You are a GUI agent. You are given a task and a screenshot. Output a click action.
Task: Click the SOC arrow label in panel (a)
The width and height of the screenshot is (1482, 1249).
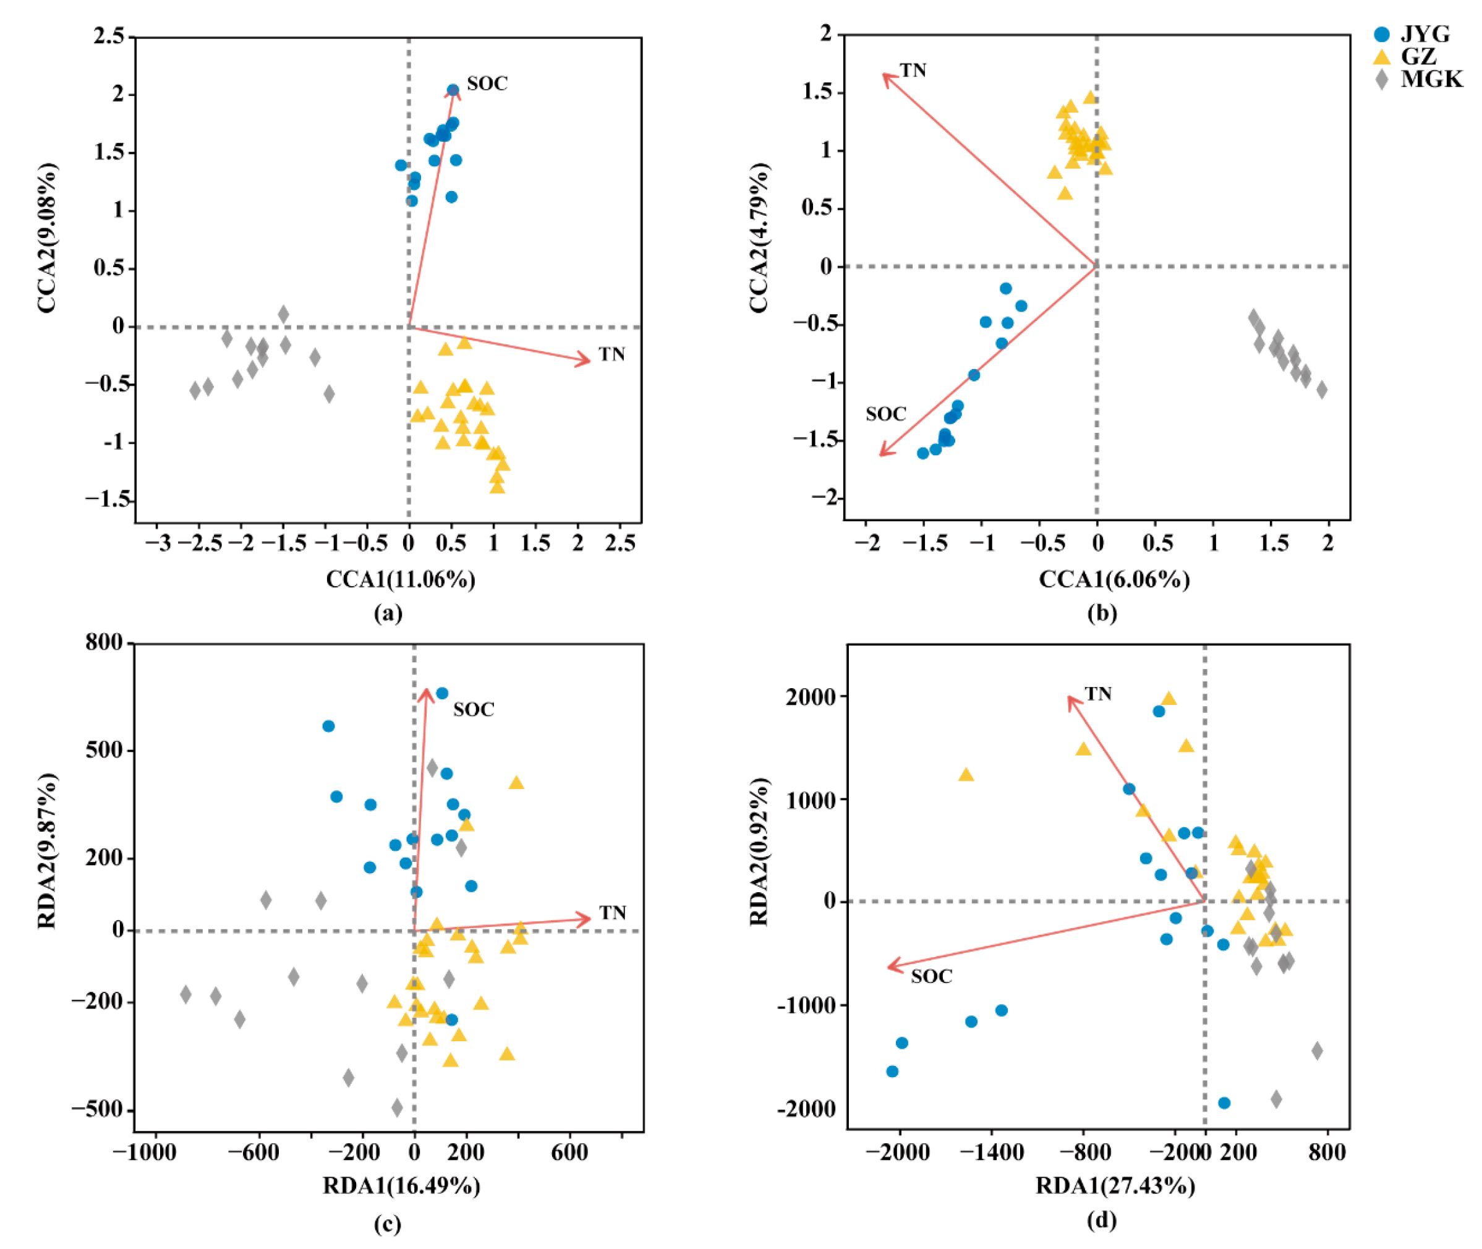[x=487, y=83]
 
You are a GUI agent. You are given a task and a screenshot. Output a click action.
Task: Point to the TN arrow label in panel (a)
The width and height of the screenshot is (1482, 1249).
[x=611, y=354]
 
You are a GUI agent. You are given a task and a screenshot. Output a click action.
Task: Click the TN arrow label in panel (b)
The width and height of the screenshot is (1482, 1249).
[x=913, y=70]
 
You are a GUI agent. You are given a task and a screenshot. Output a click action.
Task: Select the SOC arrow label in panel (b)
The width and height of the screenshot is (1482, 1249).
[x=886, y=414]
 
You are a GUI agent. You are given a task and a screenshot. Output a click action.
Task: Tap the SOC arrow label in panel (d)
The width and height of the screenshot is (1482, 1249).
[x=931, y=976]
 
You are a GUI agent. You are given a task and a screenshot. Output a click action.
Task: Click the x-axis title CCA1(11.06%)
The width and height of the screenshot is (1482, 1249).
[x=401, y=580]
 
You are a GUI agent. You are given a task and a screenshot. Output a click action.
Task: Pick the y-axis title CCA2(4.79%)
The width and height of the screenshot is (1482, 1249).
[x=759, y=237]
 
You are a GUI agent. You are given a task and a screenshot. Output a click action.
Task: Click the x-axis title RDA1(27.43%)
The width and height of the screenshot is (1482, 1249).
[x=1115, y=1185]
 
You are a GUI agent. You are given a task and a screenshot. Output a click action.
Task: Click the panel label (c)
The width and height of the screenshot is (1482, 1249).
[x=387, y=1224]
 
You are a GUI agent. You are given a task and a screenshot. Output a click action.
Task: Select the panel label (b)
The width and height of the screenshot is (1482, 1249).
[x=1102, y=613]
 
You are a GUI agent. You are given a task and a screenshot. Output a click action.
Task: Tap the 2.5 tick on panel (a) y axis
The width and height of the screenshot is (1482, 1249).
[x=108, y=35]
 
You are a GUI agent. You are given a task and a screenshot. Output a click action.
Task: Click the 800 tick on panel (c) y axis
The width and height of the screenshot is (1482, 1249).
[x=104, y=642]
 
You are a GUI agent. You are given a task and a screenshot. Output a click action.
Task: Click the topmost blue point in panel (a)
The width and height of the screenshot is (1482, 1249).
[x=453, y=90]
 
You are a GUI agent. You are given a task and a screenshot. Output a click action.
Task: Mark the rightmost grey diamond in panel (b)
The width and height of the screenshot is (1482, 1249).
[x=1321, y=390]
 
